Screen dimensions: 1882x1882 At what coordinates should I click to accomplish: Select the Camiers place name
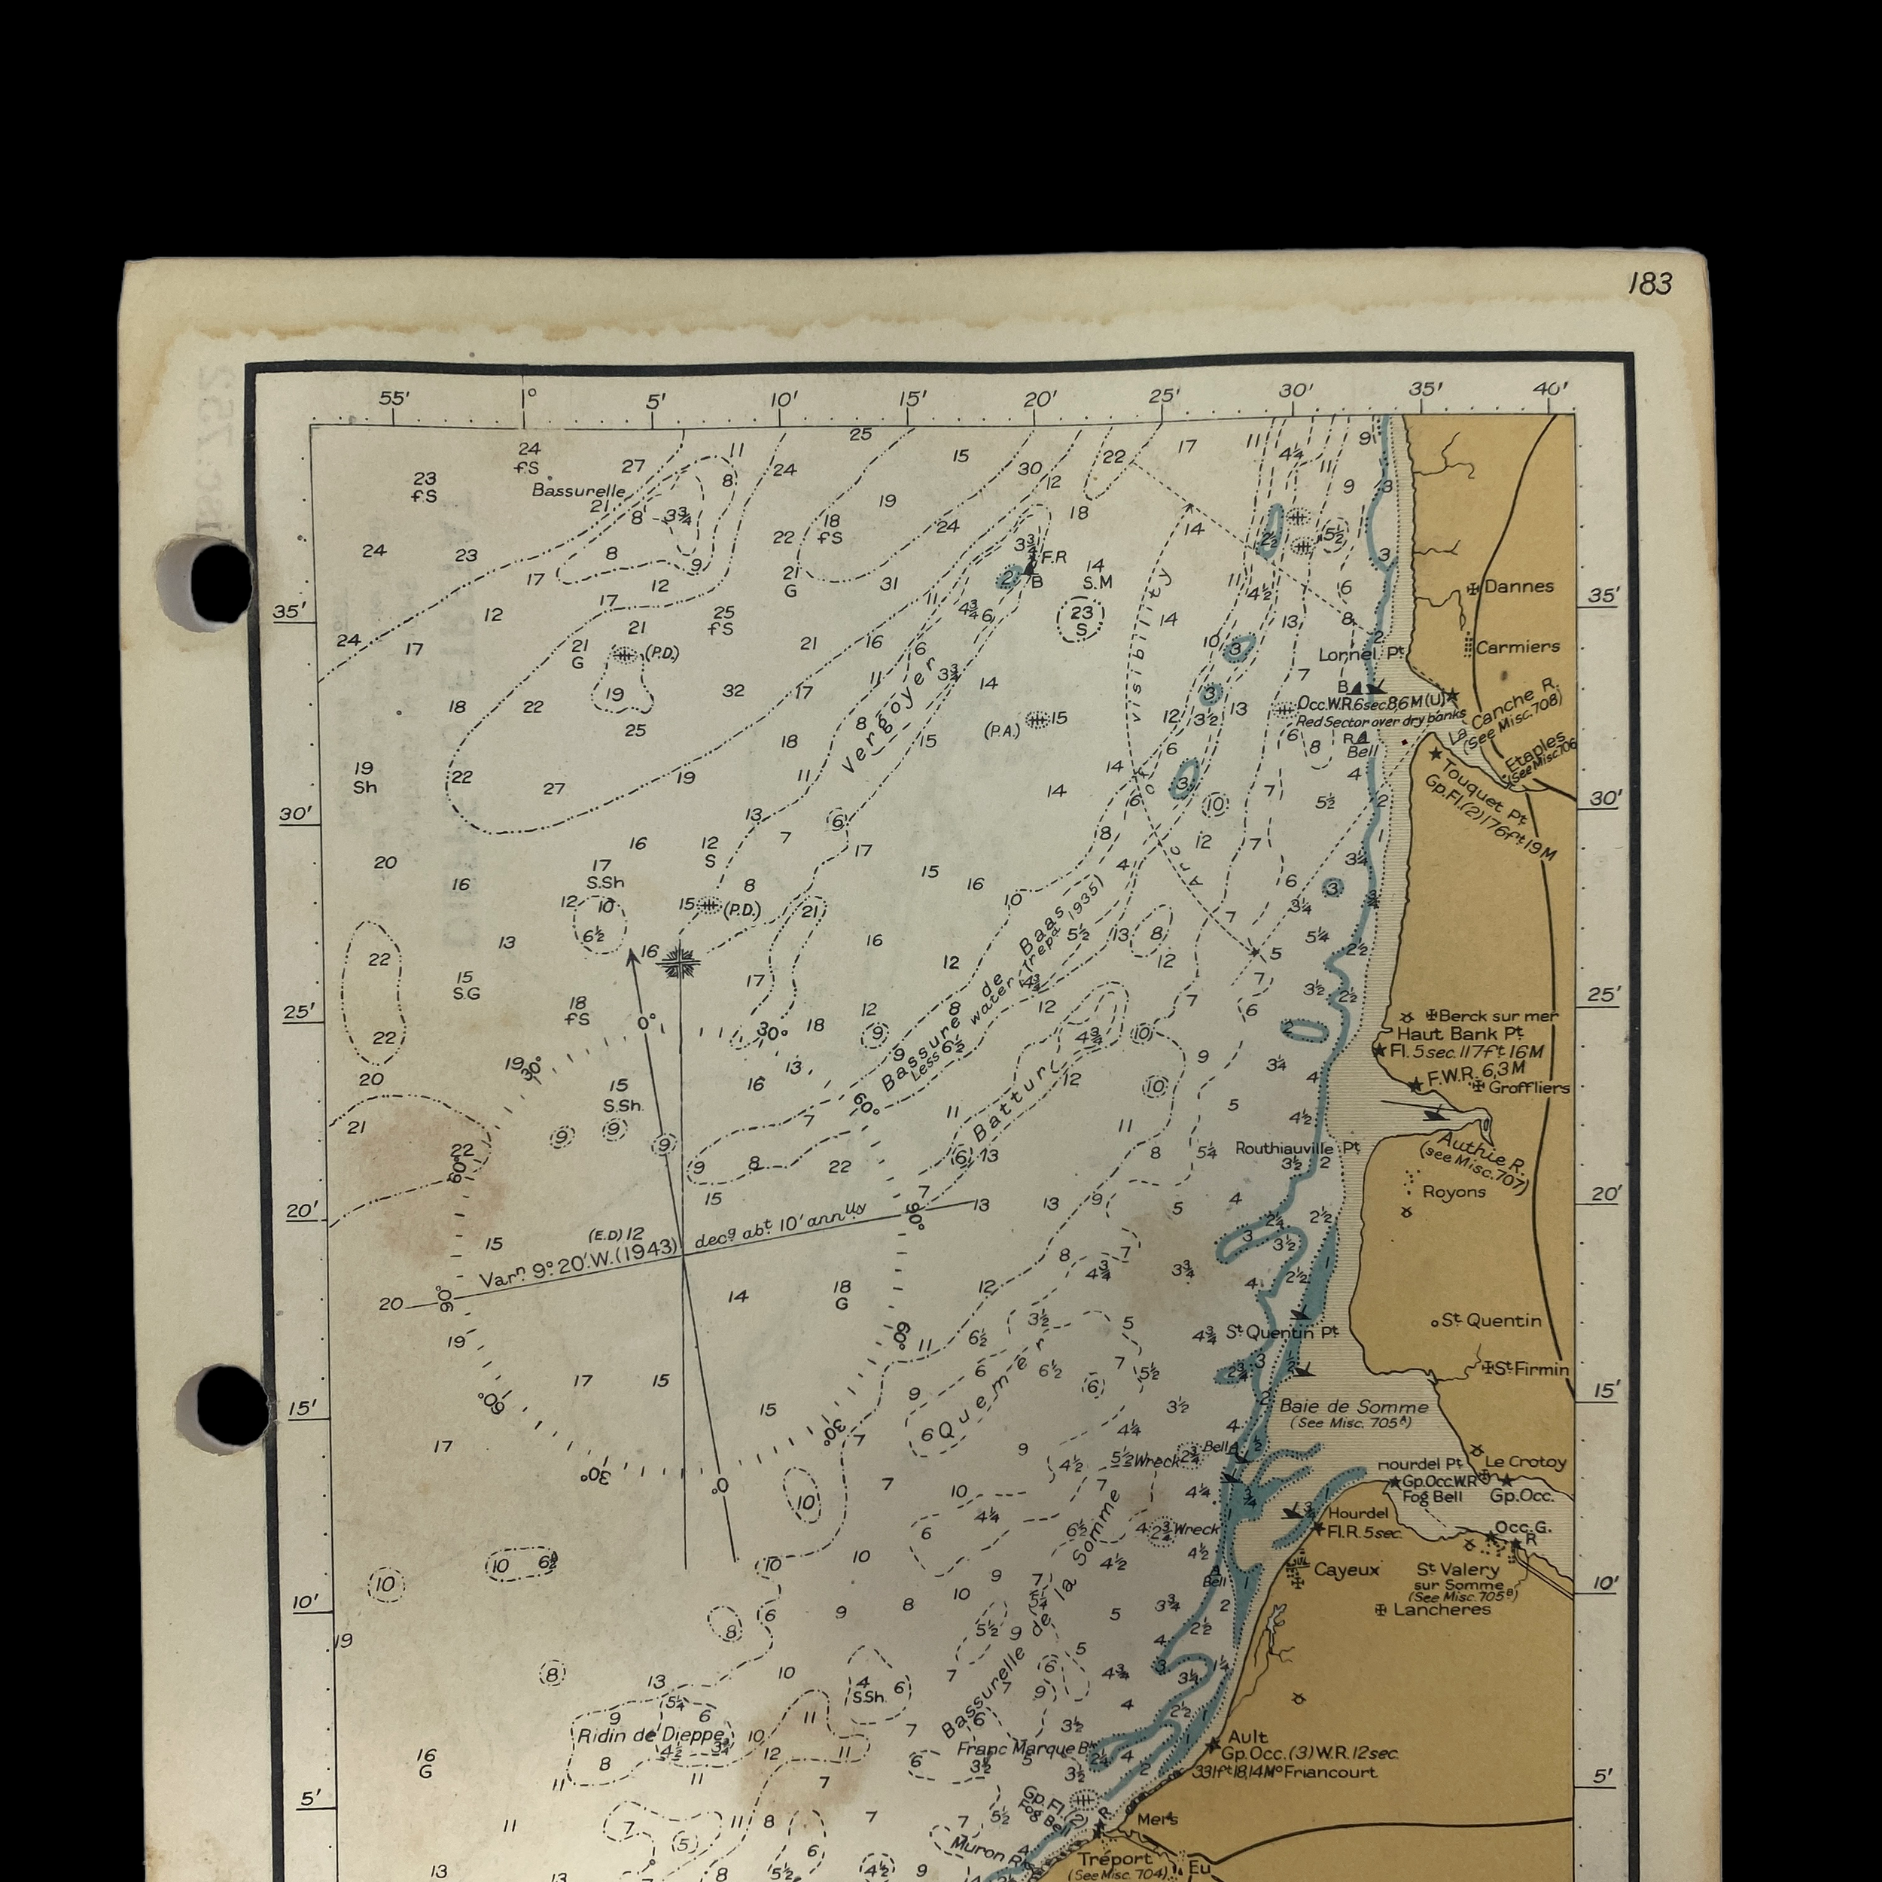tap(1518, 647)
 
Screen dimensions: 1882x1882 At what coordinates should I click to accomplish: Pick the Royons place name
tap(1454, 1192)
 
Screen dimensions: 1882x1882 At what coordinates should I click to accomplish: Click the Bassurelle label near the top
tap(577, 490)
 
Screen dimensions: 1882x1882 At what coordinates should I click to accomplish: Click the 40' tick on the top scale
tap(1551, 388)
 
